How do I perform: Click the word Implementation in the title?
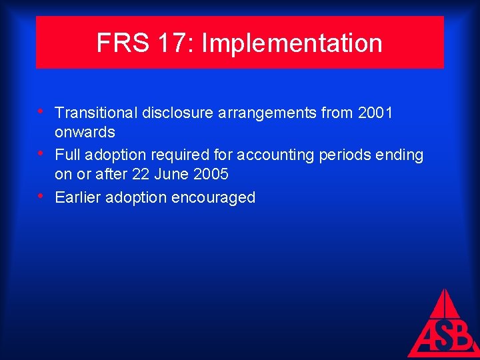[x=292, y=44]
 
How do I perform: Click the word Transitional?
[x=96, y=113]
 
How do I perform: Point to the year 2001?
[x=375, y=113]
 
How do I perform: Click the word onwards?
[x=85, y=132]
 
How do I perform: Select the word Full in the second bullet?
[x=67, y=155]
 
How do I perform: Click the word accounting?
[x=269, y=155]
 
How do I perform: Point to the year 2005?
[x=211, y=174]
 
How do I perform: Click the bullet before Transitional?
[x=42, y=111]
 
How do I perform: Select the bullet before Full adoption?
[x=42, y=153]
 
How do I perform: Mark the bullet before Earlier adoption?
[x=42, y=195]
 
